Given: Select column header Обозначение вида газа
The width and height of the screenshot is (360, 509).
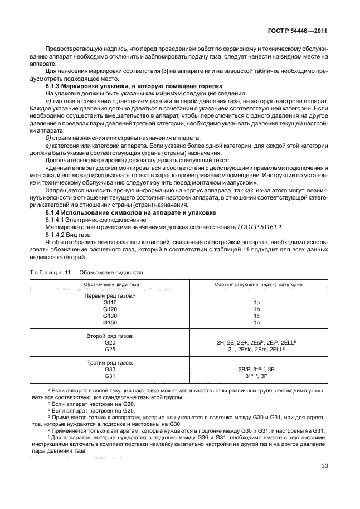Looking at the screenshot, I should coord(110,284).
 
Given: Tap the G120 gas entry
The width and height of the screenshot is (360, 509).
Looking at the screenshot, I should coord(110,308).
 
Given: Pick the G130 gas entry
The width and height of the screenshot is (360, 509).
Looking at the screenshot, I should coord(110,315).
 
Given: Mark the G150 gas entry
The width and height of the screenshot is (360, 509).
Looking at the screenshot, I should coord(110,322).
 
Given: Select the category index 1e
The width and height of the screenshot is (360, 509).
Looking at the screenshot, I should coord(257,322).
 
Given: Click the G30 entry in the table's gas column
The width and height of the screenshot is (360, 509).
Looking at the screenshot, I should coord(109,369).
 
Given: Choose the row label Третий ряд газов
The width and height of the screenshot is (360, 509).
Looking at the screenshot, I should coord(109,362).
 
